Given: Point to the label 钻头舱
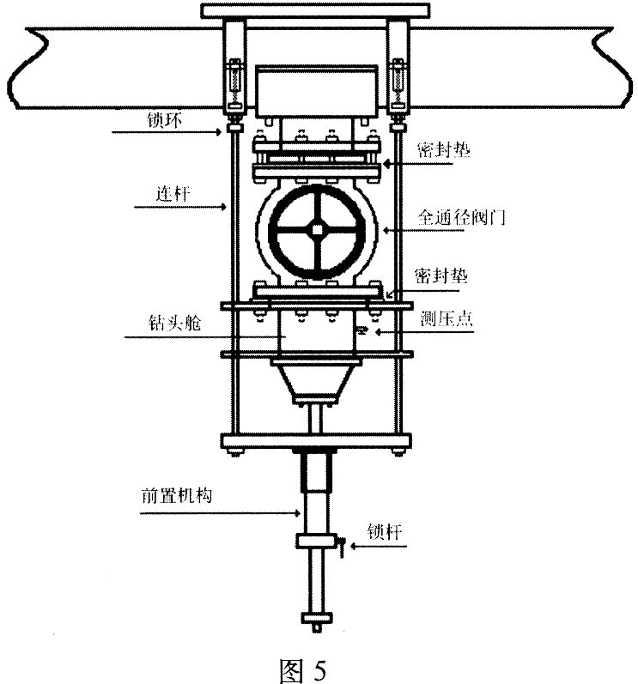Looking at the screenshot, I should click(x=167, y=327).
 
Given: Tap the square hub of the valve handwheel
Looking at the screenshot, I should click(x=317, y=227).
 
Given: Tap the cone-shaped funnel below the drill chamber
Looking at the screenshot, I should click(x=317, y=381).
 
